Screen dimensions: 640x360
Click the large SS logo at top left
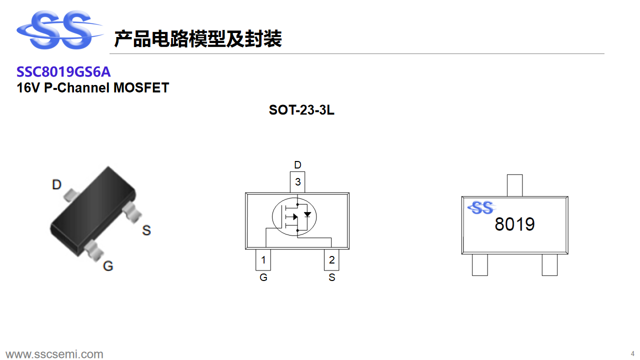click(60, 29)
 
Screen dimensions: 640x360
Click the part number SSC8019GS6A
click(63, 71)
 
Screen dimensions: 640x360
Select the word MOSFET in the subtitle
click(141, 87)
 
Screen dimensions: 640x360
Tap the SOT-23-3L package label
click(301, 110)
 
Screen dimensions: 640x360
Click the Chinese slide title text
click(198, 38)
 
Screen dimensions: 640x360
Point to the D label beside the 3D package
click(56, 184)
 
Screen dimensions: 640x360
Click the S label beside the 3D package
click(146, 230)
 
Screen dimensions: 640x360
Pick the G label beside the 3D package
click(108, 266)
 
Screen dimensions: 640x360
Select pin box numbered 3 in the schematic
click(297, 182)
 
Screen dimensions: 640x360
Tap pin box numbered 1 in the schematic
click(263, 259)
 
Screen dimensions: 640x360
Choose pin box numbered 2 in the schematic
click(331, 259)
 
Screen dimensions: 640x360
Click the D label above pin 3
click(297, 165)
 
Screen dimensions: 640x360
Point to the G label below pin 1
click(263, 277)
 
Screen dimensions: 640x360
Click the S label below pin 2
click(331, 277)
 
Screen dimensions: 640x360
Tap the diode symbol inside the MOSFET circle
click(307, 214)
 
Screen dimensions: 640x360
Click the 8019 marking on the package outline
click(514, 224)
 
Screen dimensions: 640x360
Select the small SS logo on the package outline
click(482, 207)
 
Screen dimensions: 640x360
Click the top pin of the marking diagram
click(515, 185)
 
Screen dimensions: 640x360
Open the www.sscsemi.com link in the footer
click(54, 354)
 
